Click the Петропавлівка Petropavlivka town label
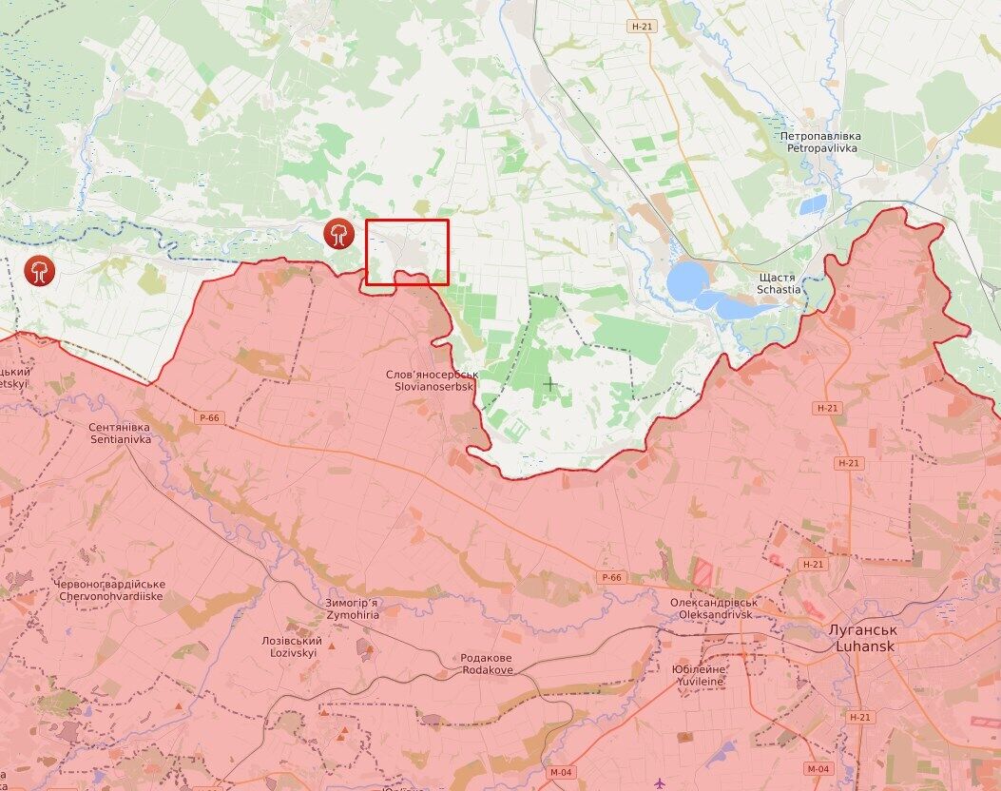pos(820,143)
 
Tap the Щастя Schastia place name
pos(779,282)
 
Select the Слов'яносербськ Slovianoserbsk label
pos(432,381)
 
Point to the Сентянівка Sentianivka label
pos(120,434)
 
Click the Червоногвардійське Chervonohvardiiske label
pos(110,589)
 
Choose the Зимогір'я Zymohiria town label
pos(353,609)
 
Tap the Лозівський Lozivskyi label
pos(292,647)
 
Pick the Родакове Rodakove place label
pos(487,664)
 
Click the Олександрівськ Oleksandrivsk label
pos(713,608)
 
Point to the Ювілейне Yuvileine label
pos(701,675)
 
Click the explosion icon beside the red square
pos(337,233)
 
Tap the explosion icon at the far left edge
pos(40,269)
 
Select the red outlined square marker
pos(407,251)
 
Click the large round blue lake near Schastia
pos(687,281)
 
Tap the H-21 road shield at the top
pos(642,27)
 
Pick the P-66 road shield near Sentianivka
pos(210,417)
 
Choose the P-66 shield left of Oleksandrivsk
pos(611,577)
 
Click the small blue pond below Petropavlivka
pos(813,204)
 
